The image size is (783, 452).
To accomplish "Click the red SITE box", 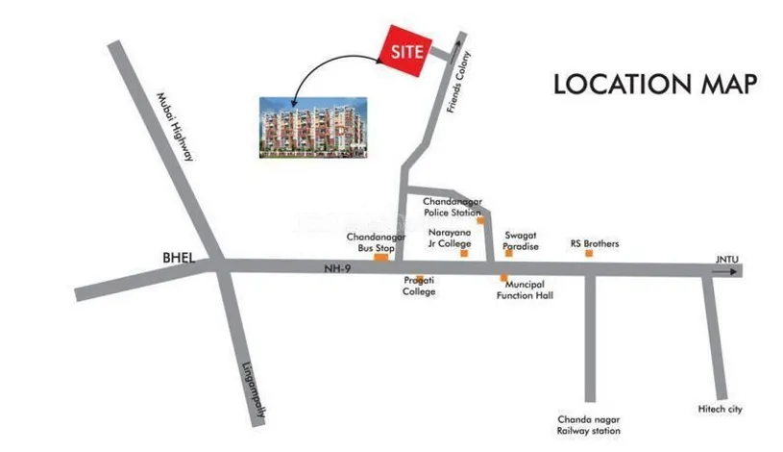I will (404, 54).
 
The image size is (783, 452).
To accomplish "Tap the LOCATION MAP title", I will (655, 84).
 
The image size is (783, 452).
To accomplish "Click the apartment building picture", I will (314, 125).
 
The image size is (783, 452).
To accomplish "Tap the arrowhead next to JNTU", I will (735, 272).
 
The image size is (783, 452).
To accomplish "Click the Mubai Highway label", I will (176, 125).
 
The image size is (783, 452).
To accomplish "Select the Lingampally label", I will (252, 391).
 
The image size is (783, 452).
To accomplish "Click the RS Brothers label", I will (595, 244).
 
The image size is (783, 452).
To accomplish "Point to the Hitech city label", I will (720, 410).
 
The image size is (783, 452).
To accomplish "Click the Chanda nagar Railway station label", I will (589, 425).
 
